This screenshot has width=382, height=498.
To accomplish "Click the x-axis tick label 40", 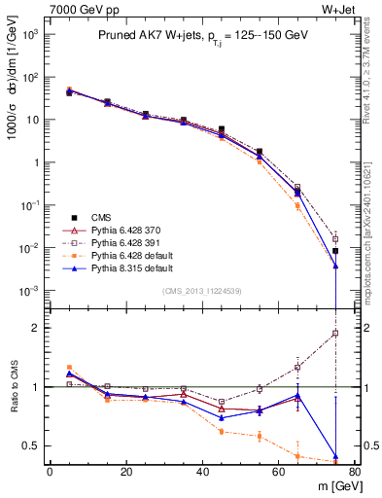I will point(202,472).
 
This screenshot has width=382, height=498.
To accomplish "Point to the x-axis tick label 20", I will point(125,472).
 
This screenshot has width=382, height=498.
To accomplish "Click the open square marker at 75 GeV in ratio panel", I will point(335,334).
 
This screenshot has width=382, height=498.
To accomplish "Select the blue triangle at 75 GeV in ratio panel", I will point(335,456).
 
